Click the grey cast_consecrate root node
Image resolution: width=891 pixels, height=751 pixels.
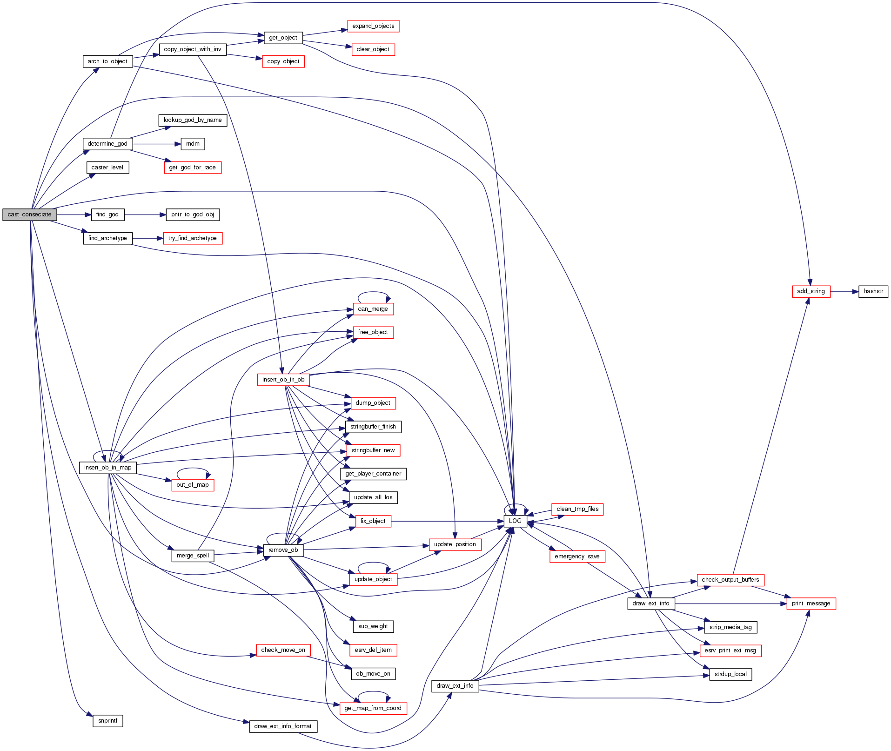[29, 215]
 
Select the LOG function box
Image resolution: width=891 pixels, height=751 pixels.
[515, 521]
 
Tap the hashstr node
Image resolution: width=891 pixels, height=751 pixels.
[873, 291]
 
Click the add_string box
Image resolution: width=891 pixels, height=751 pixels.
[811, 291]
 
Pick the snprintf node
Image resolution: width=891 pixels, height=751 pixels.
[107, 721]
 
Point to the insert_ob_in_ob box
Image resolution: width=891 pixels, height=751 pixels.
[283, 380]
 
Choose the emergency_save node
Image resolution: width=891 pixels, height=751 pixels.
[577, 557]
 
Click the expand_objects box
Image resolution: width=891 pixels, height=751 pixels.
[373, 26]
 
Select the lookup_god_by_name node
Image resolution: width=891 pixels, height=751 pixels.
[193, 120]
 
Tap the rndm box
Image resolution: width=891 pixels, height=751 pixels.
[193, 144]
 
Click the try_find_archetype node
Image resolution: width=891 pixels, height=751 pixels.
[193, 238]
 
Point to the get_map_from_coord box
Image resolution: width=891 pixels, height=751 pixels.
[373, 708]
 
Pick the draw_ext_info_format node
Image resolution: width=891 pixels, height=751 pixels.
[283, 726]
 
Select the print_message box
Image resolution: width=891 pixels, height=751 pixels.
[811, 603]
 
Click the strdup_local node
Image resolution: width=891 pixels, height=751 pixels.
[730, 674]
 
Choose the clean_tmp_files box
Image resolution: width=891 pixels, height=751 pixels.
[577, 509]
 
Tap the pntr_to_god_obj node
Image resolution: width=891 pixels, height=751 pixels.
[193, 215]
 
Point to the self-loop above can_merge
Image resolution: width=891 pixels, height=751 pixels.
[373, 292]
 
